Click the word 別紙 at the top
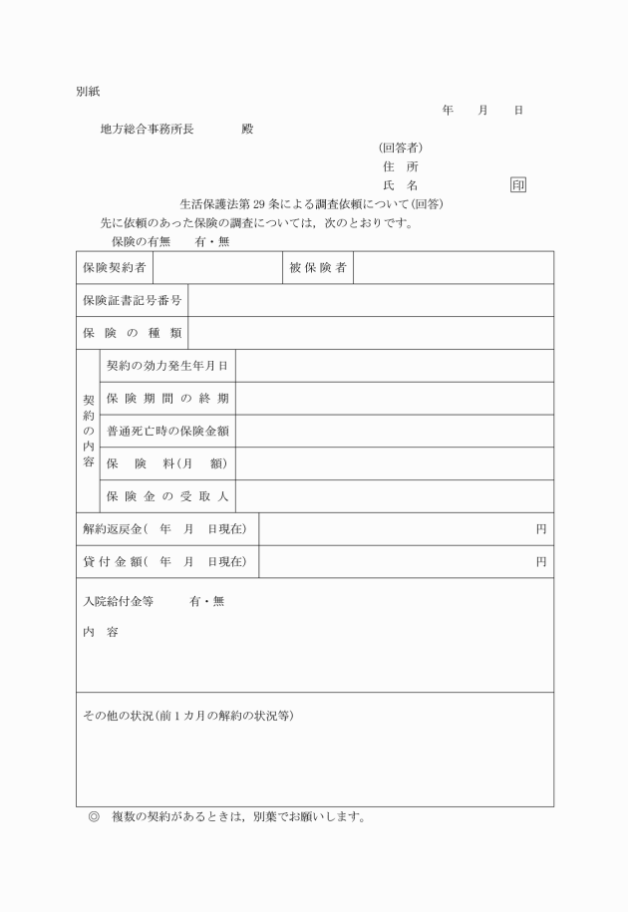(x=88, y=92)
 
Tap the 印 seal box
(x=518, y=185)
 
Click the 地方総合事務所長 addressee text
(x=148, y=130)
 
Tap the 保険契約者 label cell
(x=115, y=267)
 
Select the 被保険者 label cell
(x=318, y=267)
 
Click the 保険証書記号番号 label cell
(x=132, y=300)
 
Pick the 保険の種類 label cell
(x=132, y=333)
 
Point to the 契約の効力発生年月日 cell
(x=167, y=366)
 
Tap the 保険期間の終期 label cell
(x=167, y=399)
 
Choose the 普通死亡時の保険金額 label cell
(x=167, y=431)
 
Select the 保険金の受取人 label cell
(x=167, y=496)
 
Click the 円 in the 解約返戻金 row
(x=541, y=529)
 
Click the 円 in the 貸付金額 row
(x=541, y=562)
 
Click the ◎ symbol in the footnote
(x=94, y=818)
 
